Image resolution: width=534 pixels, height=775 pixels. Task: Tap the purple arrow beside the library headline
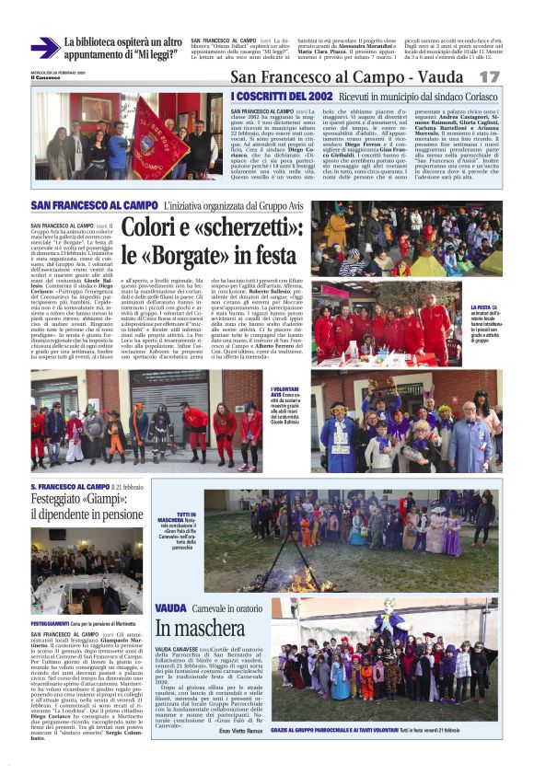44,47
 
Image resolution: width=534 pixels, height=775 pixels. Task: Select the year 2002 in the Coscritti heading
314,95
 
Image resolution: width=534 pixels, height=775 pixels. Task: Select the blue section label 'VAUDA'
169,607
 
